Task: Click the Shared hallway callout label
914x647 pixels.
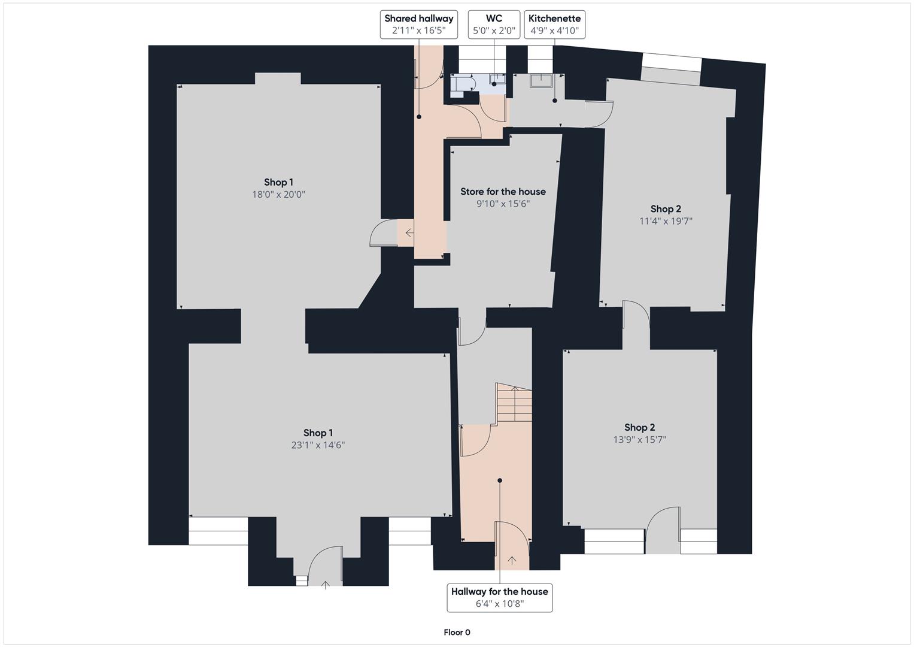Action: (x=418, y=25)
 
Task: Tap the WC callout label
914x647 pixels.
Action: (x=494, y=25)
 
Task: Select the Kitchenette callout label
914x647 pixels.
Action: (x=554, y=25)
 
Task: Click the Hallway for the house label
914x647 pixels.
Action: (x=499, y=597)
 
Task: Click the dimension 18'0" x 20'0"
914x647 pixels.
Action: (x=278, y=195)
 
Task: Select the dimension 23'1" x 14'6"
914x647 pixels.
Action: (x=318, y=445)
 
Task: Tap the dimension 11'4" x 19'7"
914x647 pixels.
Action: (x=666, y=221)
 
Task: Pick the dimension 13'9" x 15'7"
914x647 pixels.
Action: (x=639, y=440)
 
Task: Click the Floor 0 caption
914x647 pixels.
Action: (x=457, y=632)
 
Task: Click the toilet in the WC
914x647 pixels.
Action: (x=462, y=83)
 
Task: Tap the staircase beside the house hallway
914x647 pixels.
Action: (x=514, y=403)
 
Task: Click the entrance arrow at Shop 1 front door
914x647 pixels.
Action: (x=326, y=585)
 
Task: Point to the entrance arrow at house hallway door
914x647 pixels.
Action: (x=512, y=561)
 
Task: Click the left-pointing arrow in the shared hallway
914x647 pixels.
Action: (x=409, y=233)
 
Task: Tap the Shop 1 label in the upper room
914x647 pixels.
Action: (x=278, y=182)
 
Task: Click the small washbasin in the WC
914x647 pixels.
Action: (x=497, y=78)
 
